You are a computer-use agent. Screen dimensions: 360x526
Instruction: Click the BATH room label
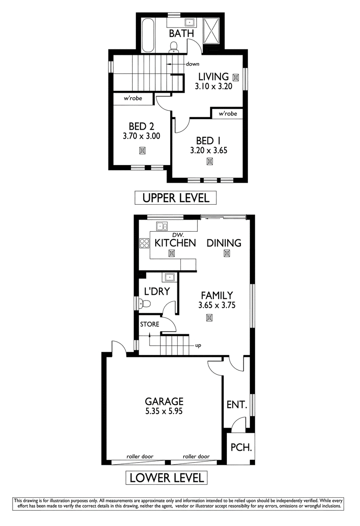[x=181, y=34]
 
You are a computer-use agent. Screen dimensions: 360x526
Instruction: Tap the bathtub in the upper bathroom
[x=148, y=35]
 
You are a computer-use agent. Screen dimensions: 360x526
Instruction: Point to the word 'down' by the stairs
[x=193, y=64]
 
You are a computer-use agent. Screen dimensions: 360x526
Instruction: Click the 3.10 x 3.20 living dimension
[x=213, y=86]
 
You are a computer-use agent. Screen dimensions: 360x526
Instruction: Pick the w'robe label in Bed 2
[x=133, y=98]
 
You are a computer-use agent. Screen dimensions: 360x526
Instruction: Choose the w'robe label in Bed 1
[x=228, y=114]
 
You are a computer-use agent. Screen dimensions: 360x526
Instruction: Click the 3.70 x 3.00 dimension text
[x=141, y=136]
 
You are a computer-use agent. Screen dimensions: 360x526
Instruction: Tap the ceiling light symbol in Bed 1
[x=209, y=162]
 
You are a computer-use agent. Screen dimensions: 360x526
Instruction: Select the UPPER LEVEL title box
[x=175, y=198]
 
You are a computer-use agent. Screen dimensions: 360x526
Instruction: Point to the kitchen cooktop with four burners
[x=144, y=243]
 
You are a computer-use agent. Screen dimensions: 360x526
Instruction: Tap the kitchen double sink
[x=162, y=226]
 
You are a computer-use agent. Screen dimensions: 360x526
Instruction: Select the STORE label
[x=150, y=324]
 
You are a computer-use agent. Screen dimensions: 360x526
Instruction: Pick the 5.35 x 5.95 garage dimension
[x=164, y=411]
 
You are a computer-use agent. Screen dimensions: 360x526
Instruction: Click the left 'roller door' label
[x=140, y=457]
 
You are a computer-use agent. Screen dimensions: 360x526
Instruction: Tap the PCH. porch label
[x=241, y=448]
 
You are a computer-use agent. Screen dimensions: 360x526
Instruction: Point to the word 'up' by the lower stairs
[x=198, y=346]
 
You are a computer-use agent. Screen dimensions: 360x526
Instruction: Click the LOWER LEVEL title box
[x=166, y=478]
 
